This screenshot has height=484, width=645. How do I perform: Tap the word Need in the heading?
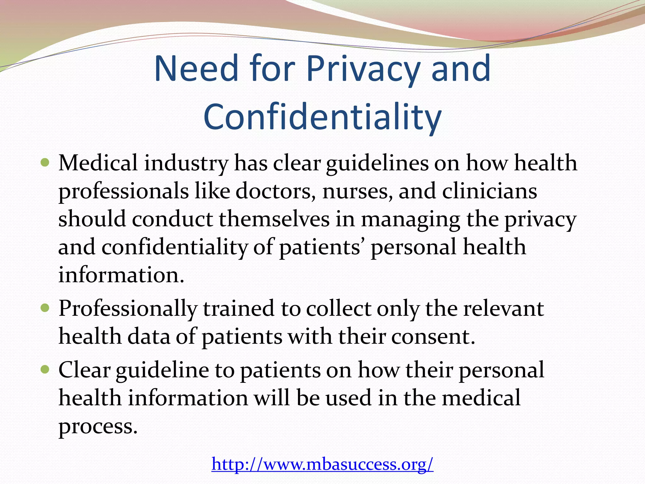coord(196,69)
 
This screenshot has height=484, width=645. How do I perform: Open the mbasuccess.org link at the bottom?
coord(322,464)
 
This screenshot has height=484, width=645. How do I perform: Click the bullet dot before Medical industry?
coord(45,163)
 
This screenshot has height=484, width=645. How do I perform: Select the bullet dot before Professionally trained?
coord(45,308)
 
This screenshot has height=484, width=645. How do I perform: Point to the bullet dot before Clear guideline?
coord(45,369)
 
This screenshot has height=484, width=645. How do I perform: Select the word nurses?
coord(357,191)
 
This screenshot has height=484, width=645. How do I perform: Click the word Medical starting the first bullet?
coord(98,164)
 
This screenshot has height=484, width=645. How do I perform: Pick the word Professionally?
coord(128,309)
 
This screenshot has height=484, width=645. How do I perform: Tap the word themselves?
coord(274,219)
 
